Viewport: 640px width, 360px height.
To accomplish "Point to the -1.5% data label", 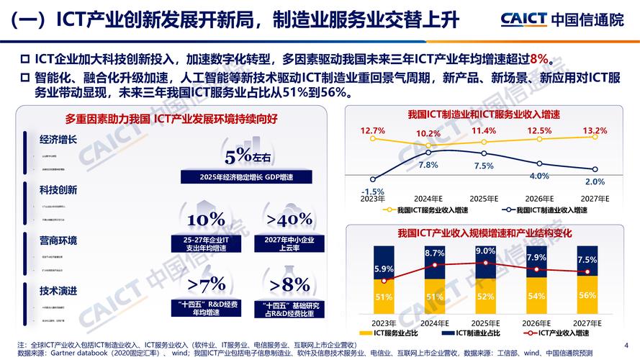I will (373, 192).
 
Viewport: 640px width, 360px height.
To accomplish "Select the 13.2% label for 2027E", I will (595, 131).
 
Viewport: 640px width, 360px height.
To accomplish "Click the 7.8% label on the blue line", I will (428, 165).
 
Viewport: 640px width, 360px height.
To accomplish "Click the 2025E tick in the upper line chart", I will (484, 199).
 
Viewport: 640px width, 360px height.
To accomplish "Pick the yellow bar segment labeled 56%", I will (587, 296).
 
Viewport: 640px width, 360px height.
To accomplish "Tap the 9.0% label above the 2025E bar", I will (485, 251).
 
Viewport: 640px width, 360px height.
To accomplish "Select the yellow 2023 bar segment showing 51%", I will (384, 297).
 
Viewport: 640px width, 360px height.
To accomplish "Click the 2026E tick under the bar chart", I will (536, 323).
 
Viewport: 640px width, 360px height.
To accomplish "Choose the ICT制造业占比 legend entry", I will (476, 333).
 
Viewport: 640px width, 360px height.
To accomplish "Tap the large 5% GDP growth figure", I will (243, 156).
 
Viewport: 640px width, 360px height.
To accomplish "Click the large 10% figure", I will (206, 220).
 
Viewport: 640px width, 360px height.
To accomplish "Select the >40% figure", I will (289, 220).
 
